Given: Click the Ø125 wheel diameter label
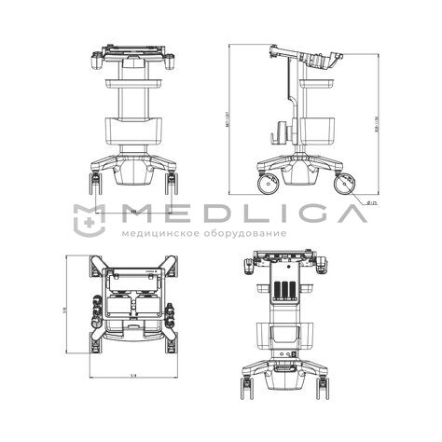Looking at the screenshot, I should [x=370, y=202].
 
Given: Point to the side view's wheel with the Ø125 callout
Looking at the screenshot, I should [x=342, y=183].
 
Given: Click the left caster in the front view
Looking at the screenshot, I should [x=97, y=178].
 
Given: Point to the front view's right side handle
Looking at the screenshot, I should [x=172, y=62].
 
